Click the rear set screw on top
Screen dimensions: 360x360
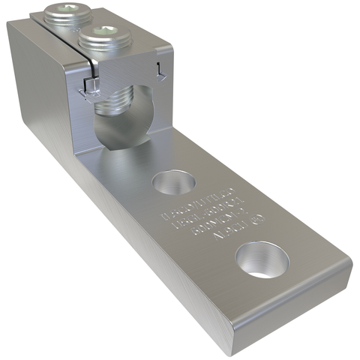coord(61,13)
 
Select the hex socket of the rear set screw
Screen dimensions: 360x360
coord(61,10)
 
